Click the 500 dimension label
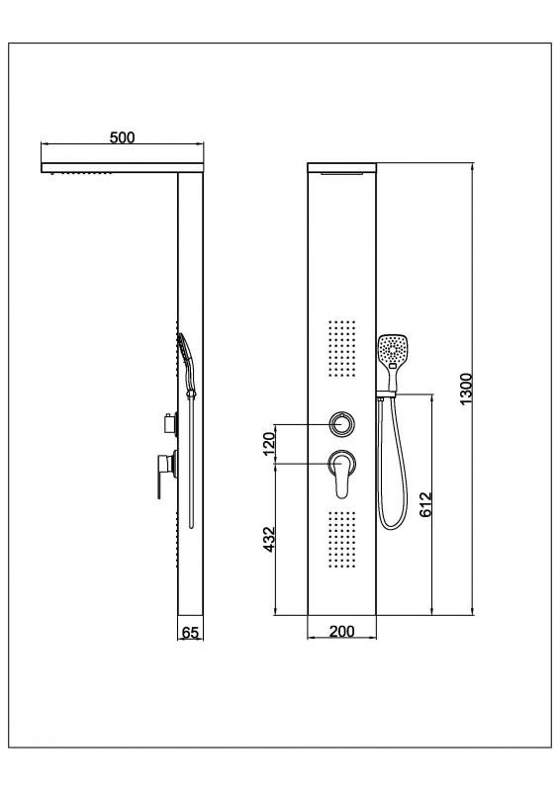123,136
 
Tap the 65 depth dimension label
190,633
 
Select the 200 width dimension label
342,631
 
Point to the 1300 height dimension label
466,388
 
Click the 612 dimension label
426,504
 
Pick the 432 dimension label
269,539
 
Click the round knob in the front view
342,424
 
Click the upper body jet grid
342,349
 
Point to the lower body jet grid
342,539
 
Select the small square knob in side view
171,424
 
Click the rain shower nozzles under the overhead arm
83,175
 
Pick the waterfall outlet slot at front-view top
342,174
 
